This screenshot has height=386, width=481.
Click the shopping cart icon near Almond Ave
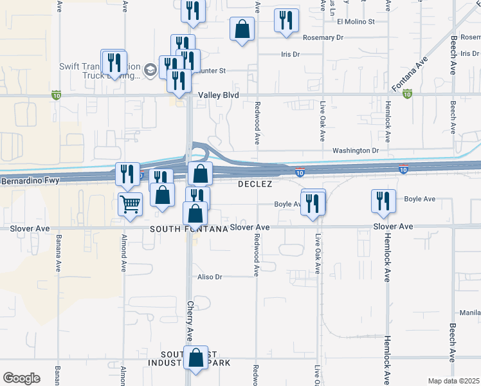coord(130,205)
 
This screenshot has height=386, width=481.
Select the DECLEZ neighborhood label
coord(255,184)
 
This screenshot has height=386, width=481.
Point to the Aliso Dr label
coord(210,277)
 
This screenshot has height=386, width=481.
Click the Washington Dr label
coord(355,151)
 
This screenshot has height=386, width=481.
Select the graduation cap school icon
coord(150,69)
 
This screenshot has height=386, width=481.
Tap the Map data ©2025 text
coord(453,381)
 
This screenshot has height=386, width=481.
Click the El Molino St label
coord(356,21)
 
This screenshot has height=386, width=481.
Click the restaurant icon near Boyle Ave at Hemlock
coord(383,200)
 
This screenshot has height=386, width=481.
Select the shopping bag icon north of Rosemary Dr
coord(242,28)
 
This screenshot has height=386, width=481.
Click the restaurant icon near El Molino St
coord(286,20)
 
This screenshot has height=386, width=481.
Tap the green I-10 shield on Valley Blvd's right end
coord(407,94)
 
